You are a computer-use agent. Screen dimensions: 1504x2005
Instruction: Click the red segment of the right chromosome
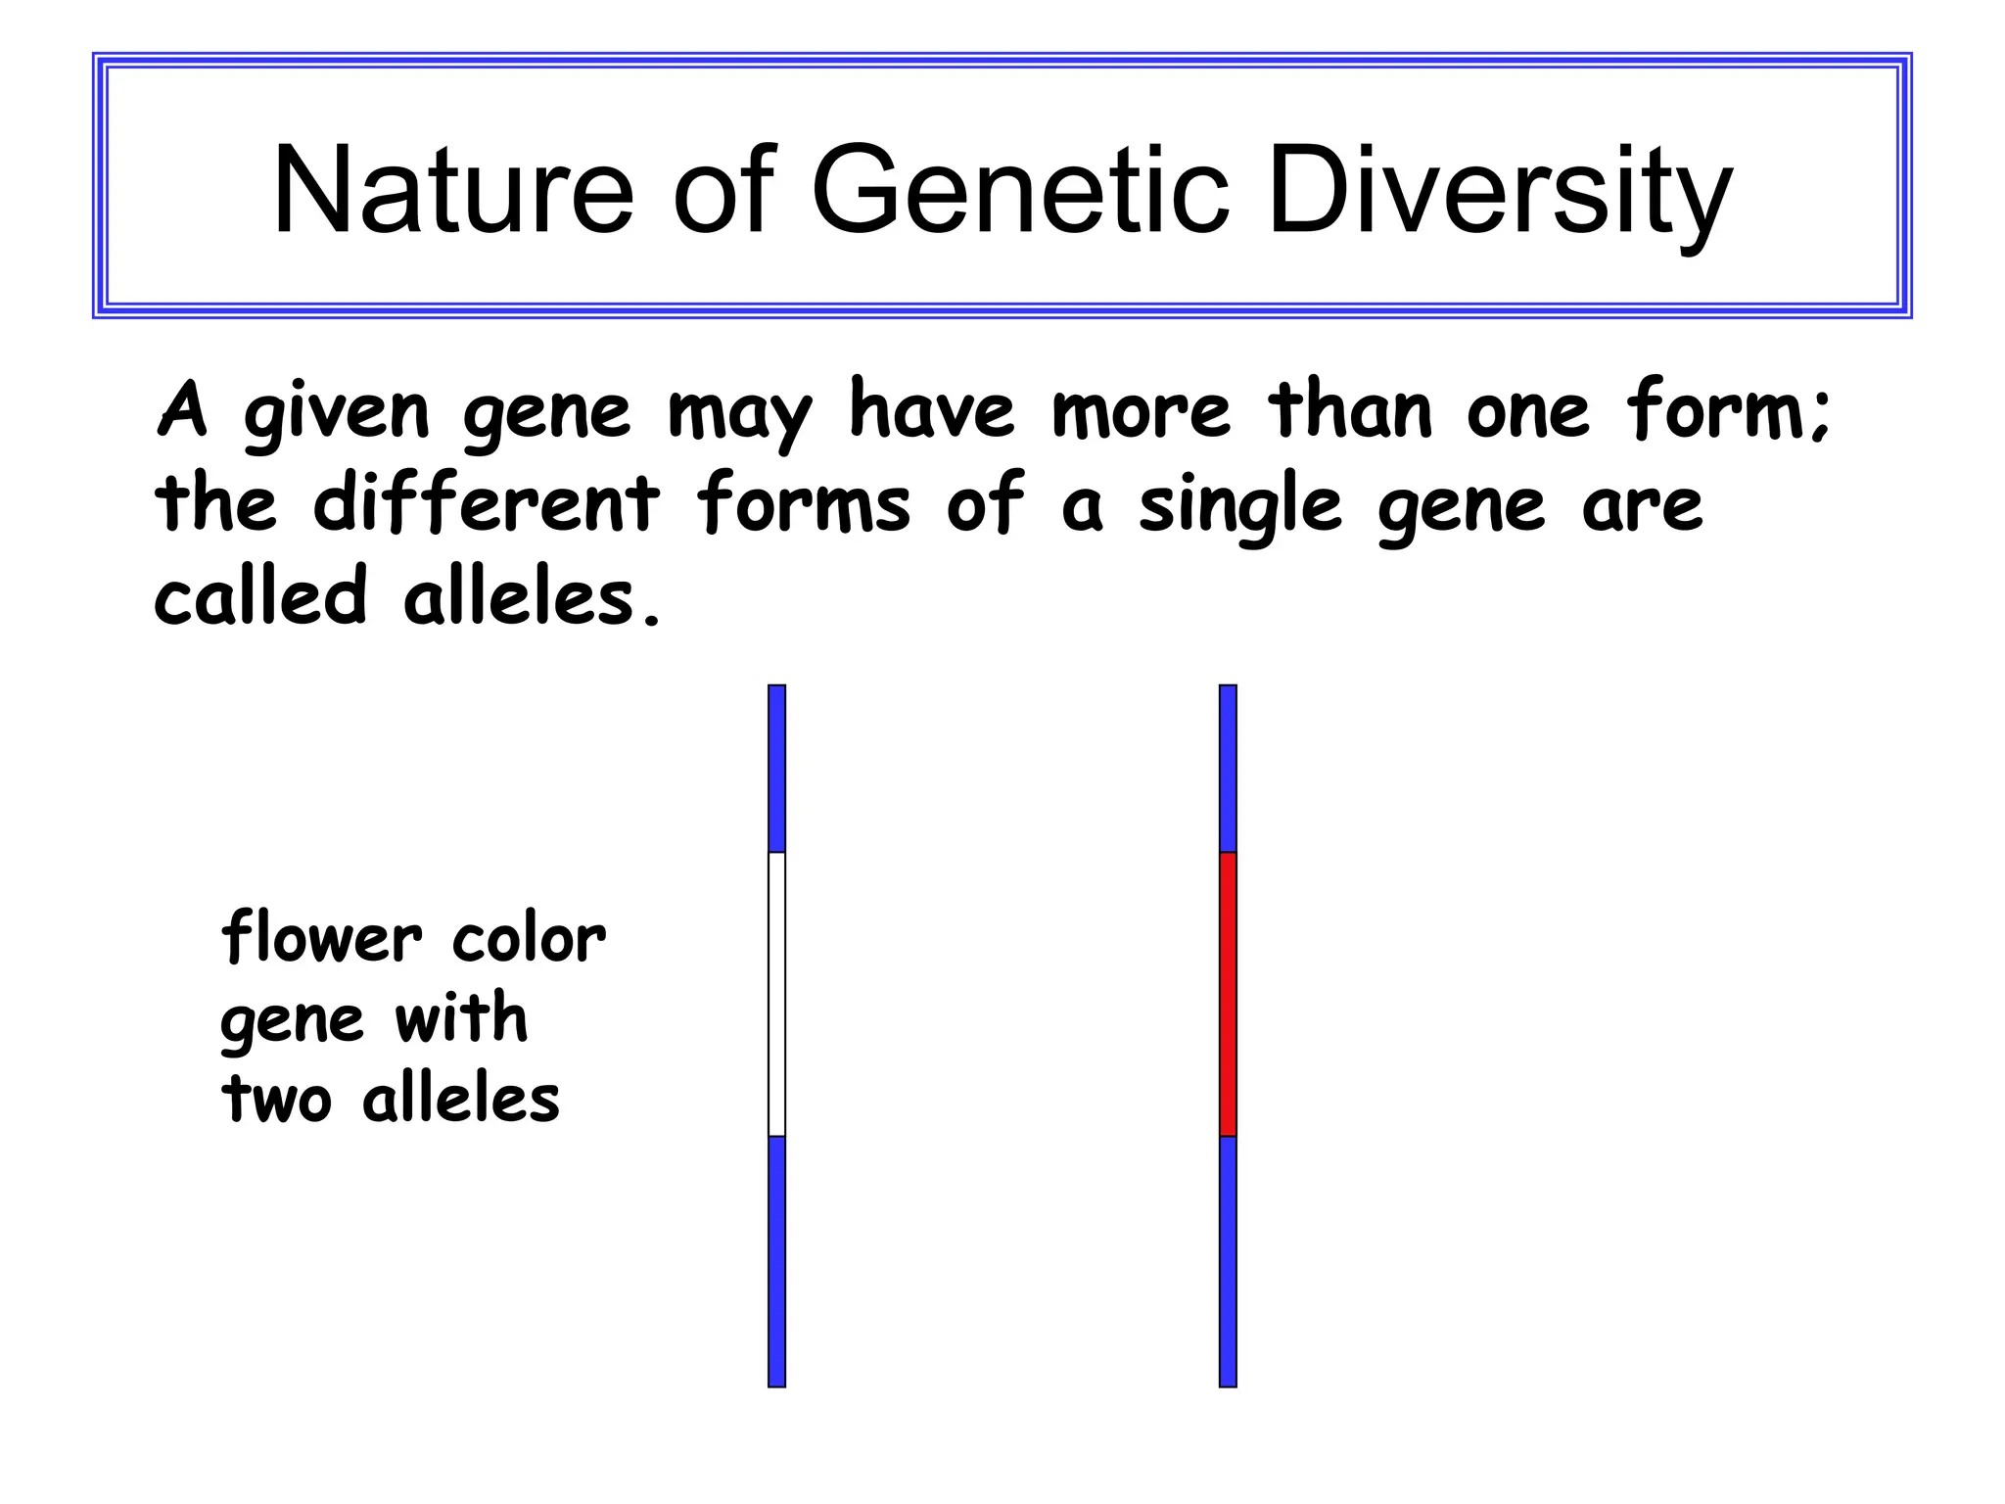[x=1228, y=994]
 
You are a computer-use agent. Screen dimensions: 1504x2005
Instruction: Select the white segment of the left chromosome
[x=776, y=994]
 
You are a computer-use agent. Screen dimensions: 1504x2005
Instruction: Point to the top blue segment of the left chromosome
[x=776, y=769]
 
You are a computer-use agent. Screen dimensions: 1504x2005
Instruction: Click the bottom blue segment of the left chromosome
[x=776, y=1261]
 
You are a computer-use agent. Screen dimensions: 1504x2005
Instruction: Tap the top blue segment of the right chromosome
[x=1228, y=769]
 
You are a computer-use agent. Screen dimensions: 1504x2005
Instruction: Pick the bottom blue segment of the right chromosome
[x=1228, y=1261]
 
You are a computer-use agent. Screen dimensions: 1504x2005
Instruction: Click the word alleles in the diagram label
[x=460, y=1099]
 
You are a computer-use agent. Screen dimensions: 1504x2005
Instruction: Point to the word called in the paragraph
[x=260, y=596]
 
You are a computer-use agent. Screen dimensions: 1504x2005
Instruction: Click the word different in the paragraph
[x=487, y=503]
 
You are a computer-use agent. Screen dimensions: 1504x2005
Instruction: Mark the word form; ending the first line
[x=1728, y=410]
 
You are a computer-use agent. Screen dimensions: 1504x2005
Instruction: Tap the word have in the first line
[x=931, y=410]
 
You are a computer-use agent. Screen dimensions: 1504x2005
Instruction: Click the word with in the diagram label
[x=461, y=1017]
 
